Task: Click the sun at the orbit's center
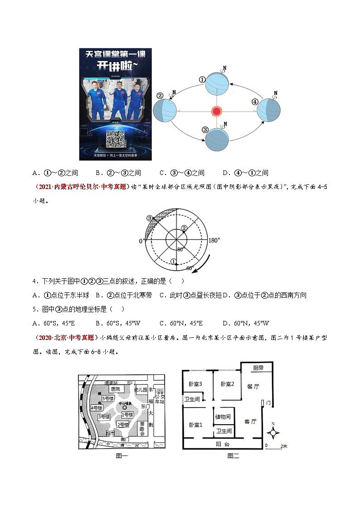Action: coord(217,111)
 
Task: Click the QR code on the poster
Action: coord(115,138)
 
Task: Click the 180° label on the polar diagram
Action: coord(214,240)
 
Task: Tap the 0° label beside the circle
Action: coord(141,241)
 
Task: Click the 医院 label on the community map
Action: coord(116,389)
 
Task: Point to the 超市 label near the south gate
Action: coord(109,433)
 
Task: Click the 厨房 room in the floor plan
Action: coord(258,368)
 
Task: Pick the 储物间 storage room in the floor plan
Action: coord(223,417)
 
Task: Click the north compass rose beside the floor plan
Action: coord(273,433)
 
